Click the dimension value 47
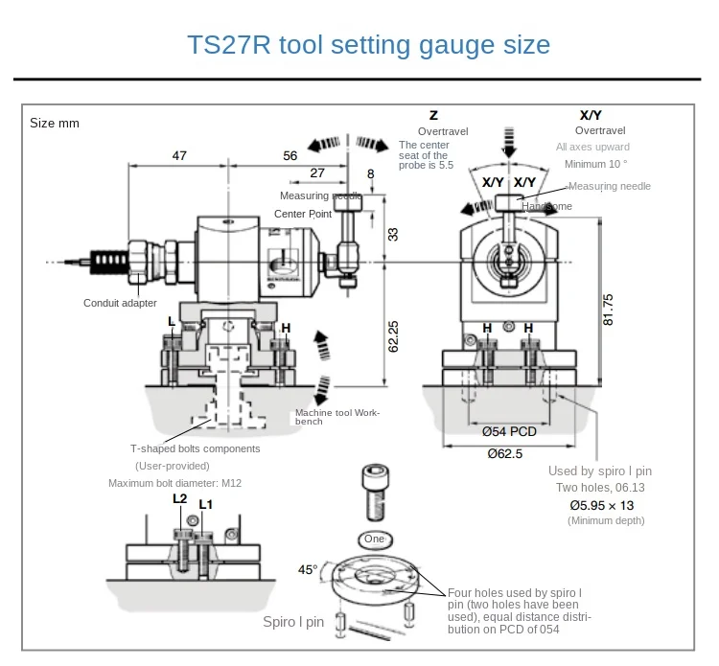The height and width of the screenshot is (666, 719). click(x=179, y=154)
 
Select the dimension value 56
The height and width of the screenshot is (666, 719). click(x=290, y=154)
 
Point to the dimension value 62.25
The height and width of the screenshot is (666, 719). click(x=393, y=335)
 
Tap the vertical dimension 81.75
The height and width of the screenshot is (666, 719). click(x=608, y=310)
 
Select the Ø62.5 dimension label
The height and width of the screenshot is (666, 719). click(x=504, y=453)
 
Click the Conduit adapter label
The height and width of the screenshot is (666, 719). click(x=120, y=304)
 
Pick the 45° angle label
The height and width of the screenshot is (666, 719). click(x=307, y=569)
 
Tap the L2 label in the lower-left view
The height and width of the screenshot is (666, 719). click(x=179, y=498)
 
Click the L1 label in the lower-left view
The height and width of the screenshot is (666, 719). click(x=205, y=504)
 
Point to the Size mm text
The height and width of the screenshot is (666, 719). click(x=55, y=123)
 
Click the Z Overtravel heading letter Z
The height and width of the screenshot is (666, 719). click(x=433, y=114)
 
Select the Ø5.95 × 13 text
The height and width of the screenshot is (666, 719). click(x=601, y=504)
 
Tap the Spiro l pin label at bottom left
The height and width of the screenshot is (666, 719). click(x=294, y=622)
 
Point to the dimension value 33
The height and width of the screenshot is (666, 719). click(x=393, y=234)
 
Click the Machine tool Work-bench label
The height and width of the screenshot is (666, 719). click(x=337, y=417)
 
